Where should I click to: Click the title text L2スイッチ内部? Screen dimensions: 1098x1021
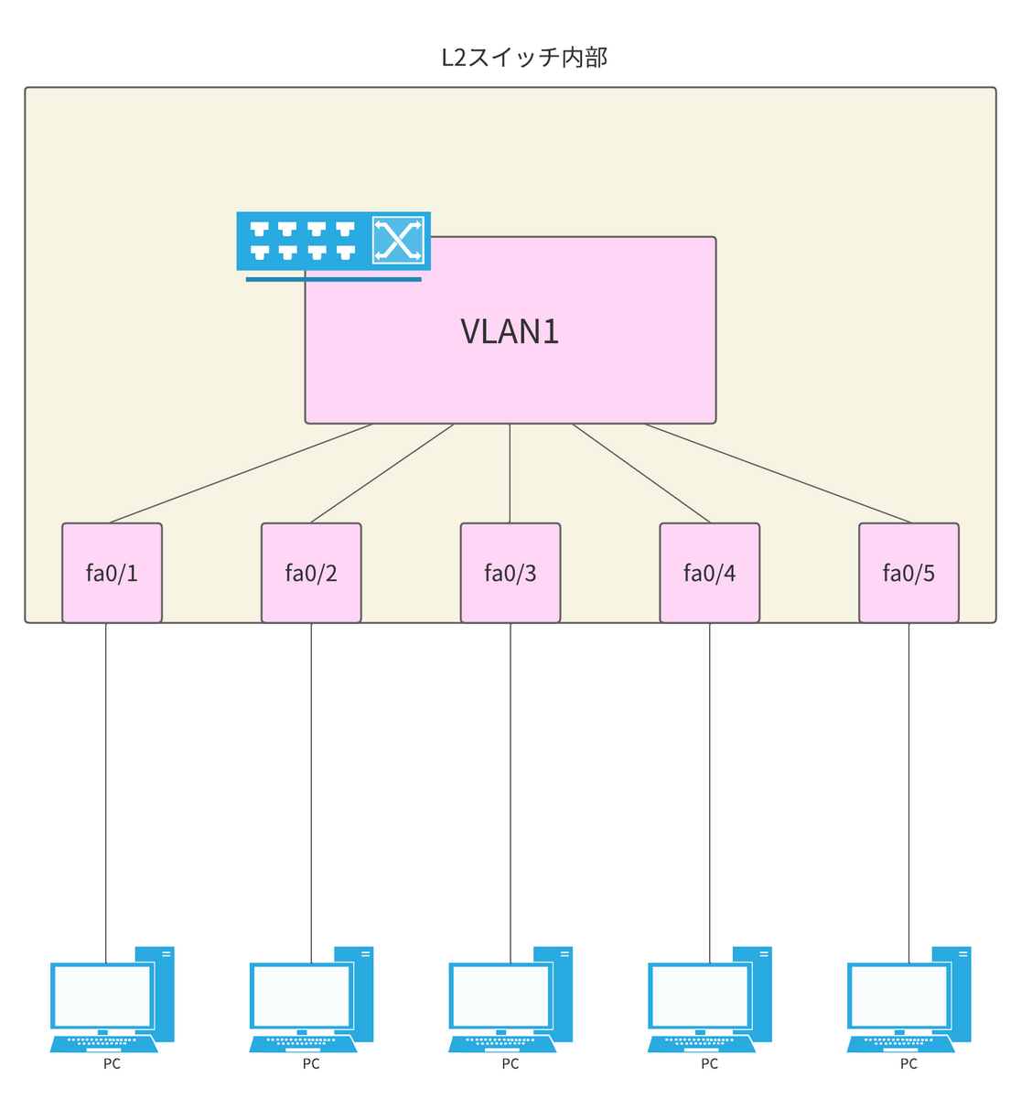(524, 58)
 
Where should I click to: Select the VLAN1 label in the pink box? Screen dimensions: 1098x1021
(510, 331)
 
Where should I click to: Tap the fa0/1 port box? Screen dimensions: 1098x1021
(112, 573)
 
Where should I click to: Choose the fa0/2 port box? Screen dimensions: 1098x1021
(311, 573)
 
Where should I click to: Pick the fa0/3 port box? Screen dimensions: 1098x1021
(510, 573)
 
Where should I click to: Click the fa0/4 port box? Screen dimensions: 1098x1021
(710, 573)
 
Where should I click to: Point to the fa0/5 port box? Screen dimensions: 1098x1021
(908, 573)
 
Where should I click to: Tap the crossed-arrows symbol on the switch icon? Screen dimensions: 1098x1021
(399, 241)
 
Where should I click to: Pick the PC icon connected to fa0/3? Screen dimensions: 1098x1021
(509, 999)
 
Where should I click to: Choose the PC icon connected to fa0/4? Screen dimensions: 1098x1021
(708, 999)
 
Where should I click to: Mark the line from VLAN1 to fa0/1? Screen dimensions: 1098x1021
(240, 473)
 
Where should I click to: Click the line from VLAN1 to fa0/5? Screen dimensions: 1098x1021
(778, 473)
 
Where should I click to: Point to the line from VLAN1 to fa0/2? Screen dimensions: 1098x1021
(382, 473)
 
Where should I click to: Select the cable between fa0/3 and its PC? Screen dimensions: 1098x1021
(510, 787)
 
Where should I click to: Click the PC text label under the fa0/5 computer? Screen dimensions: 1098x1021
(908, 1064)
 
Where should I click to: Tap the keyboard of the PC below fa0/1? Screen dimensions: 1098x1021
(103, 1042)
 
